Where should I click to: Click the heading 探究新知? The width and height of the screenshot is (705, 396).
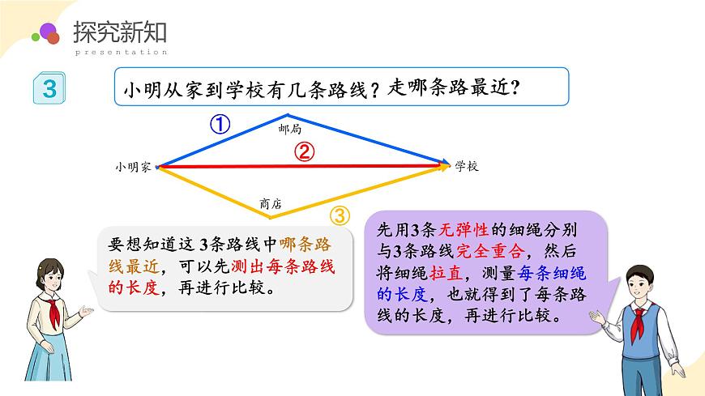click(x=119, y=32)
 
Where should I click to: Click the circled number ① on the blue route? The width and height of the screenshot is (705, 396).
click(x=220, y=124)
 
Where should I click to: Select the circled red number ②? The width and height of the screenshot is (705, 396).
click(x=303, y=151)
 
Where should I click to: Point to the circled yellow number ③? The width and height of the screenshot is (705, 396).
click(x=341, y=215)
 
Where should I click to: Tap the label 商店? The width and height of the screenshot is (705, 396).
click(x=271, y=206)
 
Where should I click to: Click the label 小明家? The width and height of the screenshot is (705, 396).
click(x=133, y=167)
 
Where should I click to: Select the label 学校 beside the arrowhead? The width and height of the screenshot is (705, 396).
click(x=467, y=166)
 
